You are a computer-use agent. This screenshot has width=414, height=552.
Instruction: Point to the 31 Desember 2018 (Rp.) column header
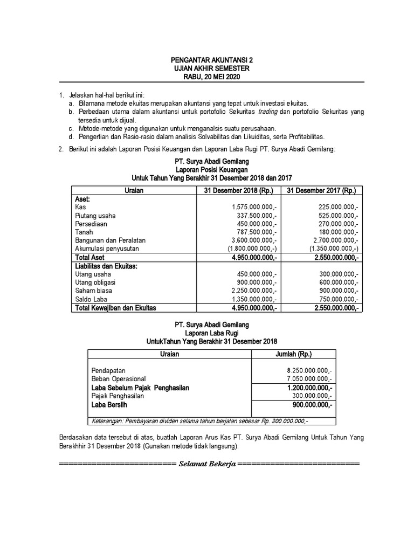[238, 191]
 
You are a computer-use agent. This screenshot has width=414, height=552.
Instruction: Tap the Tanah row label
[85, 232]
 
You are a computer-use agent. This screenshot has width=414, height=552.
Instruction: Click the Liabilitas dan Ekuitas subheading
[107, 266]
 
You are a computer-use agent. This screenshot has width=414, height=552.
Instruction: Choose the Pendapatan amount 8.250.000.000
[309, 371]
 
